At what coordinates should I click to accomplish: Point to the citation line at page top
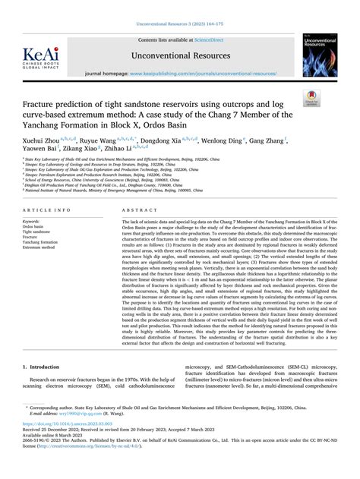179,25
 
